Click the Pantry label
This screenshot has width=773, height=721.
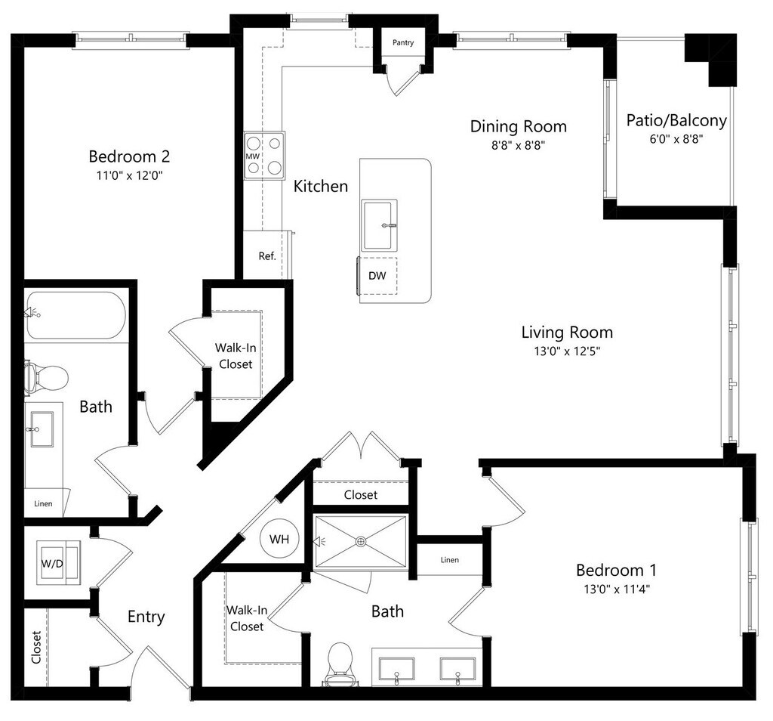tap(403, 43)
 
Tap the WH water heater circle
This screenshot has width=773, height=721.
tap(279, 540)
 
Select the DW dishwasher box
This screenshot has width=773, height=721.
tap(377, 276)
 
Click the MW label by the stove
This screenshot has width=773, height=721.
tap(252, 156)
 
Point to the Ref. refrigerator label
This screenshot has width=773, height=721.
tap(267, 255)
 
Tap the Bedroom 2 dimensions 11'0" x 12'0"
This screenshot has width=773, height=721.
tap(128, 175)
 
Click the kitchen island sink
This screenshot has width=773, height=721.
tap(379, 225)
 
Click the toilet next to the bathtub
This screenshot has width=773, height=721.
tap(47, 376)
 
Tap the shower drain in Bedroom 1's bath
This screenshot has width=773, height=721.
tap(361, 540)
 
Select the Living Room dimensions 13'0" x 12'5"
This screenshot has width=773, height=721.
tap(566, 351)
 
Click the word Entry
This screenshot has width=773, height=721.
tap(146, 617)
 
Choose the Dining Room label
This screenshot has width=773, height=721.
tap(518, 126)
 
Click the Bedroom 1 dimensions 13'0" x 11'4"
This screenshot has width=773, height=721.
tap(613, 589)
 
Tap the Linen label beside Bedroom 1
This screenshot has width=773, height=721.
tap(449, 560)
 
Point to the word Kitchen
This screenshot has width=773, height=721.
tap(321, 186)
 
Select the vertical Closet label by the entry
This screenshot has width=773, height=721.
tap(36, 647)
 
